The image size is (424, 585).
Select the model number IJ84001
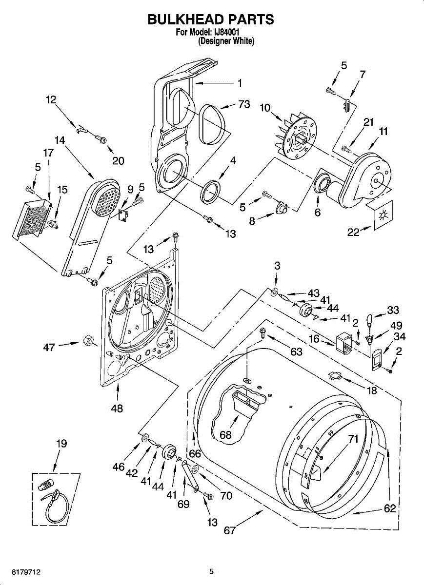point(226,32)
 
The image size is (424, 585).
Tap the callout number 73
point(244,104)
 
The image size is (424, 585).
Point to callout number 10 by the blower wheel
point(265,108)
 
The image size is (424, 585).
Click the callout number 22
point(353,232)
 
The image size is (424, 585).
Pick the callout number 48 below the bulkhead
point(117,409)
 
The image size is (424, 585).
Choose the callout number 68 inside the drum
point(225,435)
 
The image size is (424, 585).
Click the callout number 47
point(49,347)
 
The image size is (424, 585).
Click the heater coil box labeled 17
point(31,219)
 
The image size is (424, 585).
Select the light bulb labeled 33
point(369,320)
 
